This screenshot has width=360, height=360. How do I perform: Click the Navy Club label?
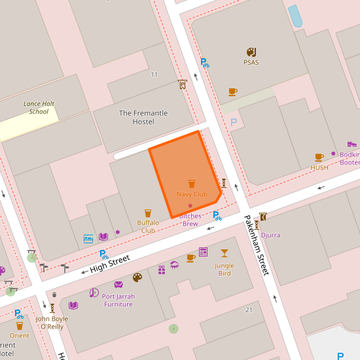pos(191,194)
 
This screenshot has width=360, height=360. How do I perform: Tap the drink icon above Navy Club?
pos(192,183)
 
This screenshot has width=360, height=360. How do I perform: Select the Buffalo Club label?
pos(148,226)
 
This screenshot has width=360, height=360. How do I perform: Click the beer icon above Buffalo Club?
pos(148,213)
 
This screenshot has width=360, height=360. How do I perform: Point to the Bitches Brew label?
pos(190,220)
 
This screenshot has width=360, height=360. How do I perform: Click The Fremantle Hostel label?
pos(143,117)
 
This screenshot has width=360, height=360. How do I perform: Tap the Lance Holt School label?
pos(39,107)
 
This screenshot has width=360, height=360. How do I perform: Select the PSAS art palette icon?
pos(251,52)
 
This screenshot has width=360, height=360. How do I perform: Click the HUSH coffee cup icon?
pos(319,157)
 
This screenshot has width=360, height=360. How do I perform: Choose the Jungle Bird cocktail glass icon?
pos(225,253)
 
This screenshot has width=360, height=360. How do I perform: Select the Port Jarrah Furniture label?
pos(118,300)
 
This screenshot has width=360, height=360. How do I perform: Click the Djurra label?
pos(270,234)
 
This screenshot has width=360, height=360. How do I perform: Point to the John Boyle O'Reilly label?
pos(52,323)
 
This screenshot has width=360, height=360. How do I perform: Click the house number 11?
pos(154,74)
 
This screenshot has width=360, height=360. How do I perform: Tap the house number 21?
pos(249,310)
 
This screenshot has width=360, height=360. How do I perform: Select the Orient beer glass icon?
pos(20,325)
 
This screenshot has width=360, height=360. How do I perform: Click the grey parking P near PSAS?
pos(234,122)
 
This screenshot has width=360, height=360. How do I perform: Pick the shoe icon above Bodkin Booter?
pos(351,144)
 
